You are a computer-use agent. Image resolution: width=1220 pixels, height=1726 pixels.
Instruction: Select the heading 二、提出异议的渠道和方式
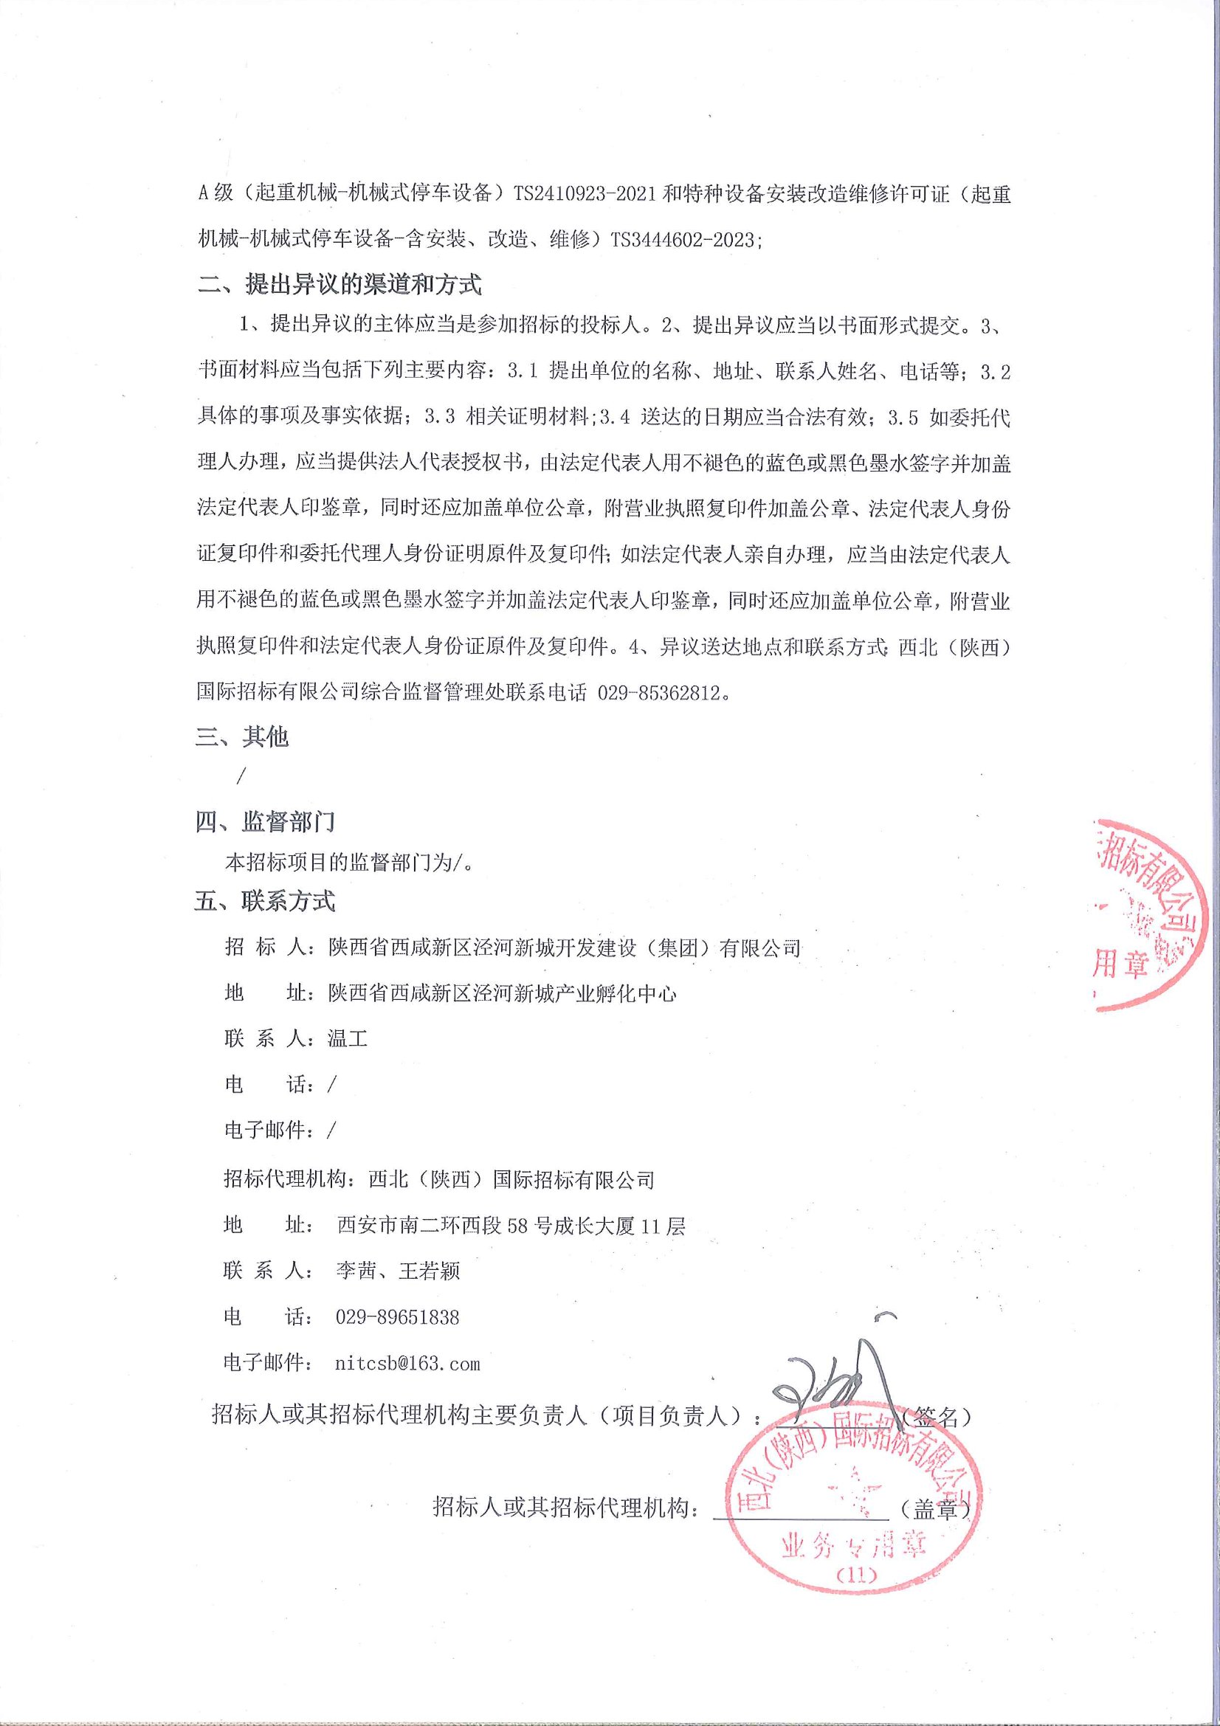click(338, 285)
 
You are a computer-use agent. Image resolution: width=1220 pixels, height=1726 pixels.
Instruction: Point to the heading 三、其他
click(242, 736)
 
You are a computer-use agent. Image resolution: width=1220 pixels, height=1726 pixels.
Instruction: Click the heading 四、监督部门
click(265, 821)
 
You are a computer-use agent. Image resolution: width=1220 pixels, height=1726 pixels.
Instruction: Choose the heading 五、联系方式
click(265, 900)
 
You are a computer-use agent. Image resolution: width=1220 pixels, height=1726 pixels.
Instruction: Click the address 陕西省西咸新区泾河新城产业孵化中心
click(502, 993)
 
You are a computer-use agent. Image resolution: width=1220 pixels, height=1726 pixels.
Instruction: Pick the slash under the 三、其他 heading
click(240, 776)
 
